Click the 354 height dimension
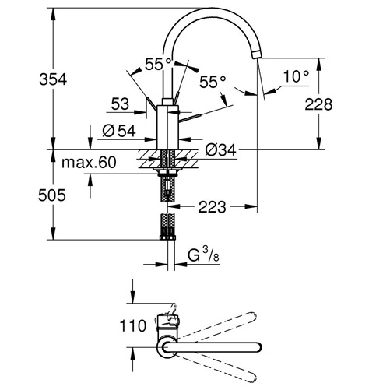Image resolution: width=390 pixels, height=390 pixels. (53, 79)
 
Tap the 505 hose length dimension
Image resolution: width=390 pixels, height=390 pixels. (52, 195)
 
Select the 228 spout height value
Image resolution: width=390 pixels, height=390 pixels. (318, 104)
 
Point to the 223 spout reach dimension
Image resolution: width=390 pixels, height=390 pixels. (213, 207)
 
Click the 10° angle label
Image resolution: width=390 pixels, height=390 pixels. (296, 76)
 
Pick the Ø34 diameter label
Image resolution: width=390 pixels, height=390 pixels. (220, 150)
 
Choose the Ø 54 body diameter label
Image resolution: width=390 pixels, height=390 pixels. (119, 131)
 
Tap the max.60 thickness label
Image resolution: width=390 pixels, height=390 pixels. (89, 163)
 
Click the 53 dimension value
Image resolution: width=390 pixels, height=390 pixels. (120, 104)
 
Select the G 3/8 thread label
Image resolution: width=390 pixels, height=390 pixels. (203, 255)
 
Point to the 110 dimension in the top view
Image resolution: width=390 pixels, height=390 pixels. (133, 325)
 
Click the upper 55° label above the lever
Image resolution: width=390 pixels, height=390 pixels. (158, 64)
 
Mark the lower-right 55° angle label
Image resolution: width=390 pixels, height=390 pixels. (213, 82)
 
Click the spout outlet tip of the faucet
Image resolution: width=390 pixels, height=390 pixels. (257, 54)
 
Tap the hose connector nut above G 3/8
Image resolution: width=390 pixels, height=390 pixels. (167, 237)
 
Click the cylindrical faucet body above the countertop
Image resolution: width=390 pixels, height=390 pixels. (167, 127)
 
